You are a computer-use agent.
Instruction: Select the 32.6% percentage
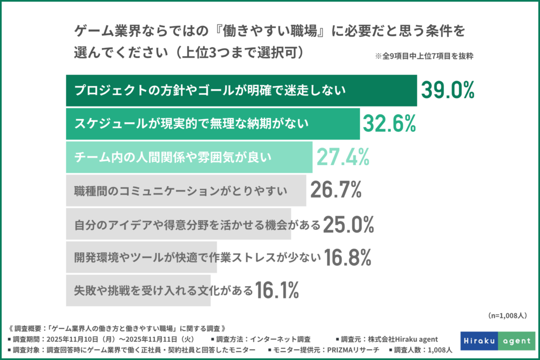pyautogui.click(x=389, y=123)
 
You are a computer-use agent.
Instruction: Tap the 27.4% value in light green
pyautogui.click(x=342, y=157)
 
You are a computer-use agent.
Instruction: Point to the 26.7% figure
pyautogui.click(x=335, y=190)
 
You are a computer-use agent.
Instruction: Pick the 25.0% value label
pyautogui.click(x=348, y=224)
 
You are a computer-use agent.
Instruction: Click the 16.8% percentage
pyautogui.click(x=348, y=257)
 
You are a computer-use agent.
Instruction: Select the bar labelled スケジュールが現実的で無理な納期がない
pyautogui.click(x=213, y=123)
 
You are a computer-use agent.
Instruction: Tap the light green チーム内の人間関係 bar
pyautogui.click(x=189, y=157)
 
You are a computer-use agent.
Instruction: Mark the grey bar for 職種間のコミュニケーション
pyautogui.click(x=186, y=190)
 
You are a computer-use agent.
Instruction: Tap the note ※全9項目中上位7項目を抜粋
pyautogui.click(x=423, y=57)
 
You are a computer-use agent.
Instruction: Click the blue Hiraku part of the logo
pyautogui.click(x=479, y=341)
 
